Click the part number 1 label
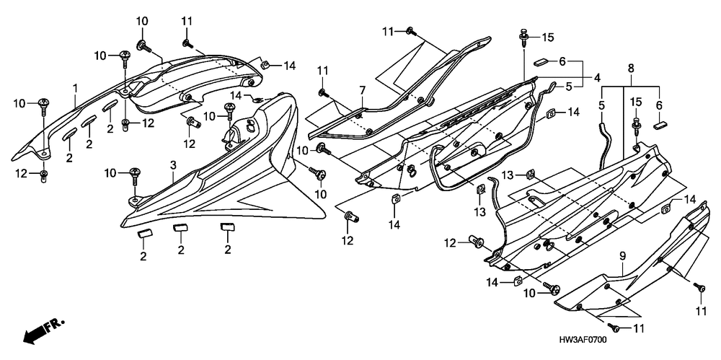(x=74, y=87)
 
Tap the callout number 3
(x=173, y=166)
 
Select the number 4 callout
(x=597, y=77)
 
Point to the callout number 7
(x=363, y=89)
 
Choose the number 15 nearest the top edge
(x=548, y=37)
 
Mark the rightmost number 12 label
(x=451, y=242)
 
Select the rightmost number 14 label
(x=691, y=198)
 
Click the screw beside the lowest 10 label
(x=552, y=289)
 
